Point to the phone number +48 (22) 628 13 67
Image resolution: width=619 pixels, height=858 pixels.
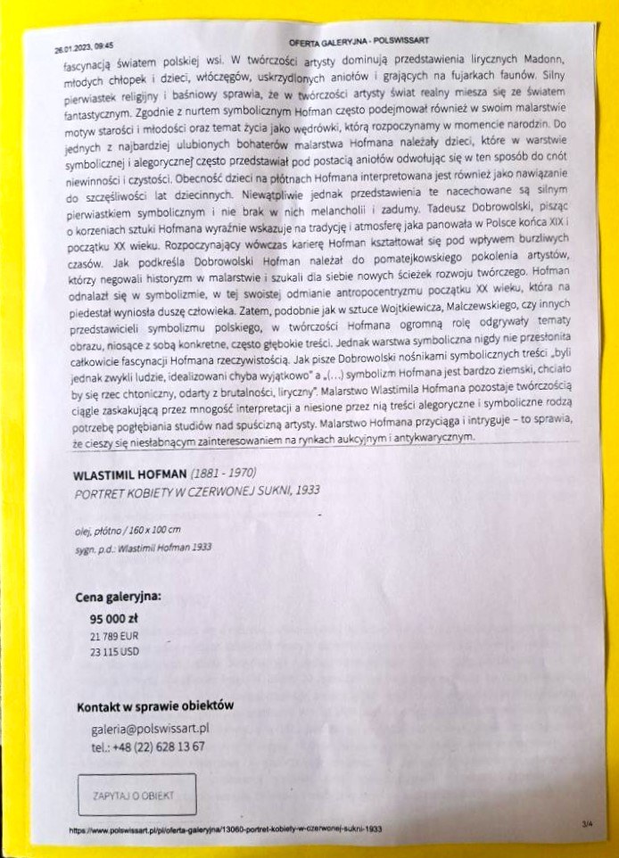[x=147, y=746]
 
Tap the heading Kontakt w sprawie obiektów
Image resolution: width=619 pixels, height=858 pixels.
[x=155, y=705]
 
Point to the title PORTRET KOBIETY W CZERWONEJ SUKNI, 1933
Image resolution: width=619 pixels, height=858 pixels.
[x=195, y=491]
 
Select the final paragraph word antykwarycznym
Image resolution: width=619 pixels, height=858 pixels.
[x=430, y=438]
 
